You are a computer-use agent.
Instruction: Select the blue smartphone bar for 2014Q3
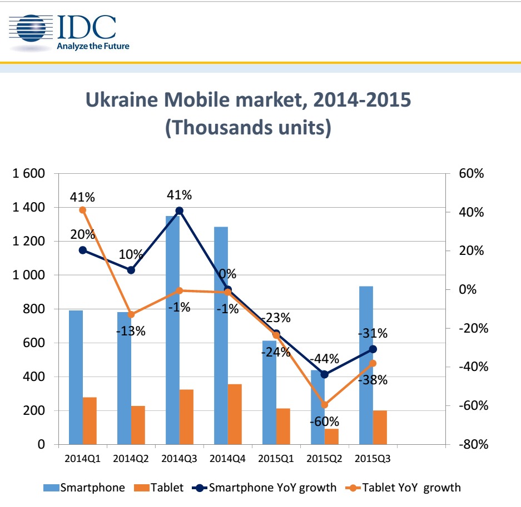click(172, 333)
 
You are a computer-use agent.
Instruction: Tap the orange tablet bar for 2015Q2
click(331, 436)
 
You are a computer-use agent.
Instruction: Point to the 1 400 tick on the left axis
click(28, 208)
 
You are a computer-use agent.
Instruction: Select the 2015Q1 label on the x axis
click(276, 459)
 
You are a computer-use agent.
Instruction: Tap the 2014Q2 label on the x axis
click(131, 459)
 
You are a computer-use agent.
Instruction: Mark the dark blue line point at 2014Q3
click(180, 210)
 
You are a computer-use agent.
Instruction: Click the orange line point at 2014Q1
click(83, 210)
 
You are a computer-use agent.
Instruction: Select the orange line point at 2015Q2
click(325, 405)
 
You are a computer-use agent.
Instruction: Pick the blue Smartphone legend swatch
click(51, 488)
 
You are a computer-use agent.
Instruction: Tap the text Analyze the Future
click(93, 46)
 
